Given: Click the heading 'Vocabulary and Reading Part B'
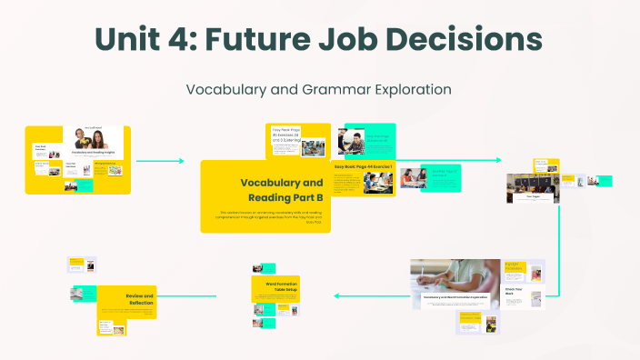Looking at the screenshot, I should point(282,188).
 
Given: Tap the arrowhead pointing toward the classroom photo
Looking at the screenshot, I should point(498,161).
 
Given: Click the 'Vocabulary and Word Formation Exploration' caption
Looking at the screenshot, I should point(455,297).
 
